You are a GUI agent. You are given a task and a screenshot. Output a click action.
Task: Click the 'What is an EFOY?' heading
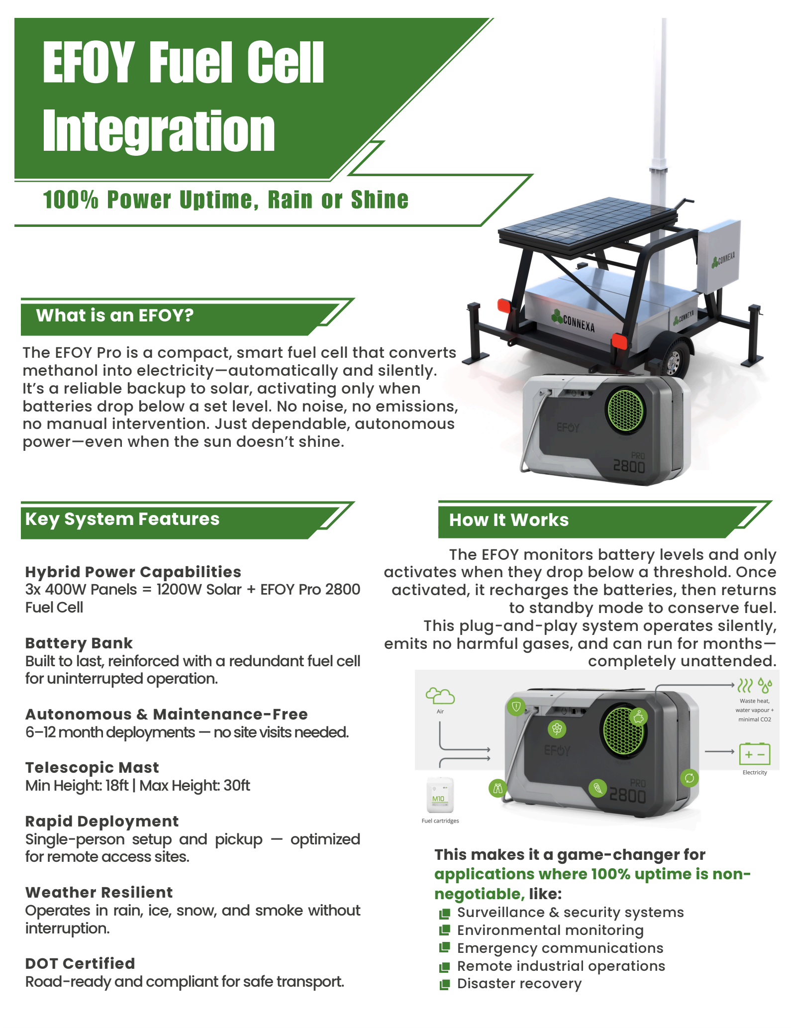tap(115, 315)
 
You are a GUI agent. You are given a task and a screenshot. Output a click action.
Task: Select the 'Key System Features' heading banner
tap(122, 519)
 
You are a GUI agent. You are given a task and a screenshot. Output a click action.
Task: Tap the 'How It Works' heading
tap(508, 520)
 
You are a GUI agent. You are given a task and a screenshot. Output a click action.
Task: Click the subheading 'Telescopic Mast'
tap(92, 767)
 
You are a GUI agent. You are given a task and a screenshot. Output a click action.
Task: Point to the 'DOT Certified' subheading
tap(80, 963)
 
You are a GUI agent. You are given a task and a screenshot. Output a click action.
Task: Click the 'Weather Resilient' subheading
tap(99, 892)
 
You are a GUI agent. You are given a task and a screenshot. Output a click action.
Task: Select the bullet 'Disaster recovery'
tap(519, 984)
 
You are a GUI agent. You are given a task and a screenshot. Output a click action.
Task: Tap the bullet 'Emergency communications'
tap(560, 948)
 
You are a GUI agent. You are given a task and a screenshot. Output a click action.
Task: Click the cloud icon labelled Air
tap(440, 696)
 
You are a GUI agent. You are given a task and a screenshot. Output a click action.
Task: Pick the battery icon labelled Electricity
tap(754, 754)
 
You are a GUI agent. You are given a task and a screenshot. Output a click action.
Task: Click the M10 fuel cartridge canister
tap(440, 795)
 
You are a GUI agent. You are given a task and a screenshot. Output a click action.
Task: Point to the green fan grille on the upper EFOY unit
tap(625, 411)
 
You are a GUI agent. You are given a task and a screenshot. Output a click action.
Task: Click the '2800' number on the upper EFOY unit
tap(629, 467)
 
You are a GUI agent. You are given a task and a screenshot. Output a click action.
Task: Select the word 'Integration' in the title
tap(159, 131)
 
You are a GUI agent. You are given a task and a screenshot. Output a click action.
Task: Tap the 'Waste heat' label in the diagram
tap(754, 701)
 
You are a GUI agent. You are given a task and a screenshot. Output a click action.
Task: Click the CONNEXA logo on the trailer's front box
tap(573, 321)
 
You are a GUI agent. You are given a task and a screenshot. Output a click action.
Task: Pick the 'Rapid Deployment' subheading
tap(102, 821)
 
